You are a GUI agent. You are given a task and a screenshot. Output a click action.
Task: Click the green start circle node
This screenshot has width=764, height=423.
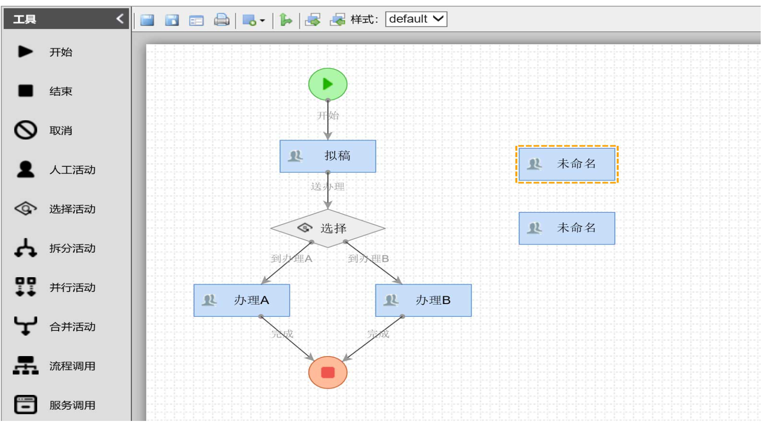[327, 84]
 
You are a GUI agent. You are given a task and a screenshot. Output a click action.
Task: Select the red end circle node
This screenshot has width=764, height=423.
[327, 372]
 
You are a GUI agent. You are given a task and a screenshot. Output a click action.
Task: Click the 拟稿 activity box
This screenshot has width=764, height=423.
[327, 156]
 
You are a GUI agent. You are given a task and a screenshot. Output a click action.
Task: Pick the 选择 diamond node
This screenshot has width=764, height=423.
[327, 228]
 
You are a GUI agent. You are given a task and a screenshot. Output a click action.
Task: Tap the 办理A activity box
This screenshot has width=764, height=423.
[242, 300]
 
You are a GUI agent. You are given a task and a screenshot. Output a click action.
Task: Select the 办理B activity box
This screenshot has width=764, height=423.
[423, 300]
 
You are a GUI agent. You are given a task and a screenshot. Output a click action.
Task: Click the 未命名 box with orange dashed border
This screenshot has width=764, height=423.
[567, 164]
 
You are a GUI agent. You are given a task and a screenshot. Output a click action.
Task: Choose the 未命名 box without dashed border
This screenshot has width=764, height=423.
[567, 228]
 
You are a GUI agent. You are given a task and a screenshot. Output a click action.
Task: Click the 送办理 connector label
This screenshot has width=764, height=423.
[327, 187]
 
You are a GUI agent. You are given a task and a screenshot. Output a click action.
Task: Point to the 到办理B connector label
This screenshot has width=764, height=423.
[368, 259]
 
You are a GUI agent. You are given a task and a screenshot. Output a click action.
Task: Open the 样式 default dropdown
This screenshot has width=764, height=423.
[416, 19]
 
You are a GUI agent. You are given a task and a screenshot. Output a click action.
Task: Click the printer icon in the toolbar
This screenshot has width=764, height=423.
[221, 19]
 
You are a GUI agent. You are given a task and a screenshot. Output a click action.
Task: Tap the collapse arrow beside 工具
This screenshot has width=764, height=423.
[120, 19]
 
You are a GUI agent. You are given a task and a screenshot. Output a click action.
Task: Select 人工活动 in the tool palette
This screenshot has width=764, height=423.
[72, 170]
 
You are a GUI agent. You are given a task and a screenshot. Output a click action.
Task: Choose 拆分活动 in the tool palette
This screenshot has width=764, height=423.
[72, 248]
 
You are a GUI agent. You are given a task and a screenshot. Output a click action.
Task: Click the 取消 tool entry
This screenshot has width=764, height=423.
[60, 131]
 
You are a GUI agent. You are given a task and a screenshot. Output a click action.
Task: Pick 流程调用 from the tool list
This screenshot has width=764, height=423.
[72, 366]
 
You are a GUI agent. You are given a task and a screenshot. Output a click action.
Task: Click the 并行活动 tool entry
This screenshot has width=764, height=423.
[72, 288]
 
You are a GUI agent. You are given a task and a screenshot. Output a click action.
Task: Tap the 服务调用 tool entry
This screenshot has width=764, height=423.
[72, 405]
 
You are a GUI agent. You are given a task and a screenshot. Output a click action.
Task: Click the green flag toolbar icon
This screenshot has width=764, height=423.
[285, 19]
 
